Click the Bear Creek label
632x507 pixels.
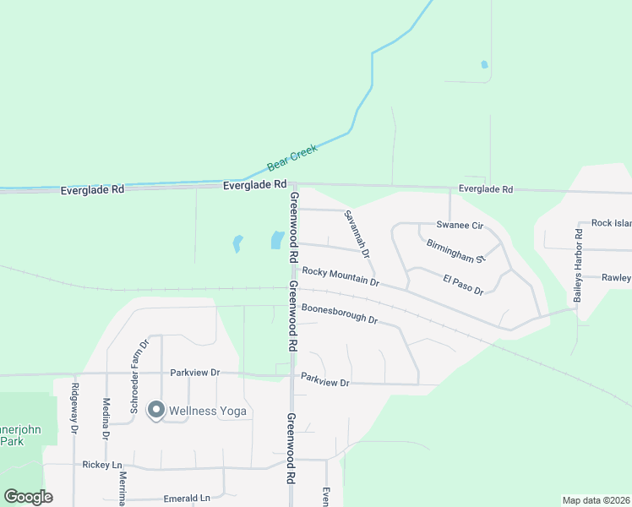pos(292,156)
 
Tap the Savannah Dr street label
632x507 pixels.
pos(357,234)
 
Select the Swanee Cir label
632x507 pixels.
pos(459,226)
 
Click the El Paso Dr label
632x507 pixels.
pos(463,284)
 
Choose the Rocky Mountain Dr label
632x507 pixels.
pos(341,276)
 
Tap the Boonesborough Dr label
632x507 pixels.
pos(339,313)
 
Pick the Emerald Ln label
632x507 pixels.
pos(187,499)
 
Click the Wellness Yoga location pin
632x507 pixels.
pos(155,410)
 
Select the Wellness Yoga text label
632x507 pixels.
pos(208,412)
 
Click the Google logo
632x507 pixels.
pos(28,497)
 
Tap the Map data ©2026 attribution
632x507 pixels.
pos(596,500)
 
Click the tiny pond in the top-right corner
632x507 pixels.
pos(484,64)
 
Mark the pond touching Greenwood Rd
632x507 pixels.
pos(276,240)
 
